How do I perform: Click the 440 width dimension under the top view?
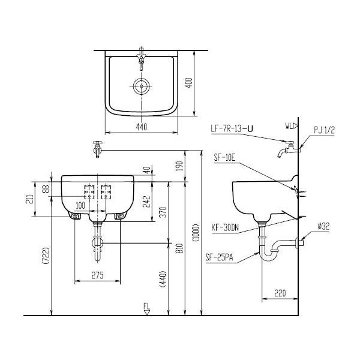(x=142, y=127)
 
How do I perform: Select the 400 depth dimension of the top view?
(x=189, y=83)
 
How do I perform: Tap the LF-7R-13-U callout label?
(x=232, y=128)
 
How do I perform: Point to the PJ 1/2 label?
(x=325, y=130)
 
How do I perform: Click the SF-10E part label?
(x=225, y=158)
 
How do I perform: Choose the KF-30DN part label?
(x=225, y=228)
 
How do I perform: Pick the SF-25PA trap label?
(x=219, y=257)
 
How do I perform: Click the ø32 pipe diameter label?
(x=323, y=226)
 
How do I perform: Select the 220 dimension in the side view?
(x=280, y=293)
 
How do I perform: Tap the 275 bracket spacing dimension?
(x=98, y=275)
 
